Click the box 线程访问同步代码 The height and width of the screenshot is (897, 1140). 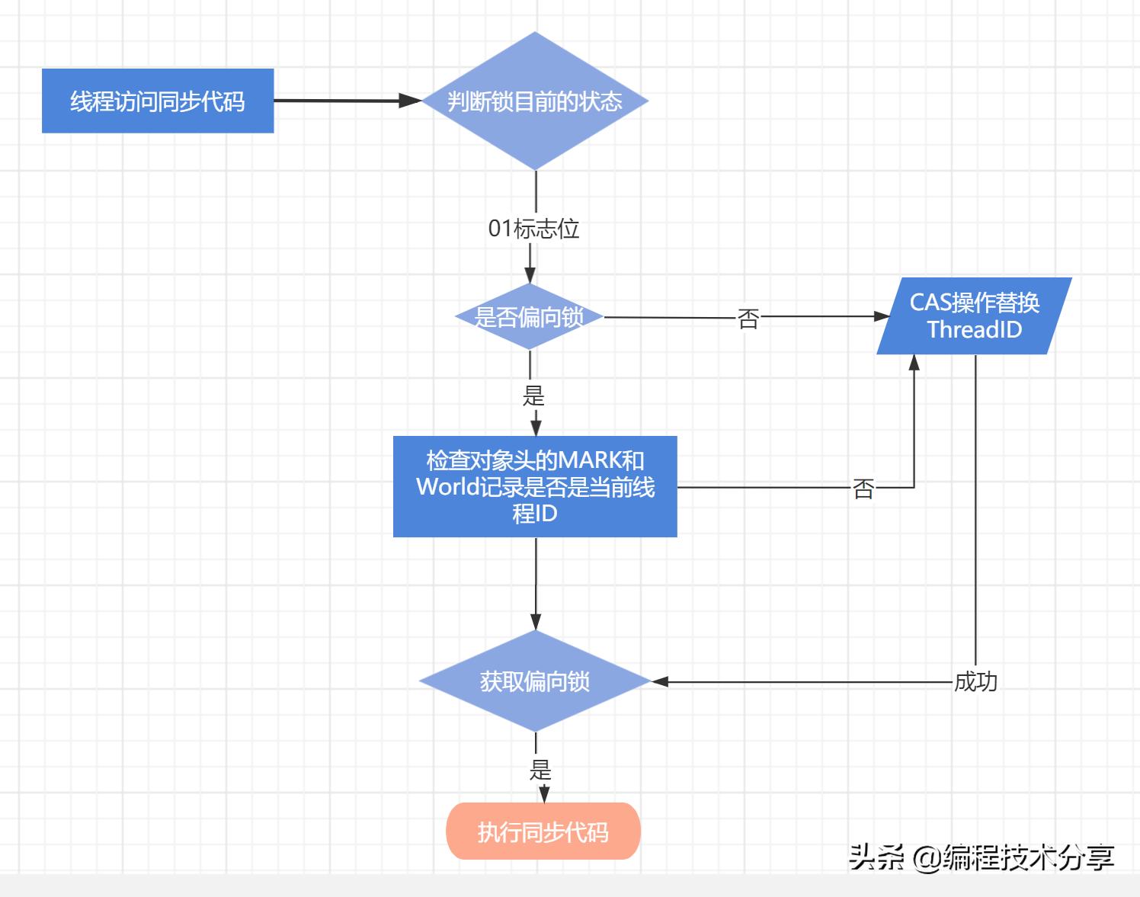[158, 101]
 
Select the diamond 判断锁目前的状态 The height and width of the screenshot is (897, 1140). [535, 101]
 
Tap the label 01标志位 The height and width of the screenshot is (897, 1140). [533, 228]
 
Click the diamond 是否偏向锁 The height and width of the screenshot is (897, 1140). [530, 316]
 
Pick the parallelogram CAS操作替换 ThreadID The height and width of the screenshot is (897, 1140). [974, 316]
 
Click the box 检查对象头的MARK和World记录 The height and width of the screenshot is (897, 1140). [535, 486]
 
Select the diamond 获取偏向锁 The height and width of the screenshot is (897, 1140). [535, 681]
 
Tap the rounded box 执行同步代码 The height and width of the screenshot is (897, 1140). [543, 831]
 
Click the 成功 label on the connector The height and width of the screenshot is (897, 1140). [975, 681]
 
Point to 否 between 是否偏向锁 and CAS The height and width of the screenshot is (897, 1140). [748, 318]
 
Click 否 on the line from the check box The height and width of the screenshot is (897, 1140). [863, 488]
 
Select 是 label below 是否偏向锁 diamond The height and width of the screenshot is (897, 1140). [533, 395]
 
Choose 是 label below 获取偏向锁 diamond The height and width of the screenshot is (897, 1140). [540, 769]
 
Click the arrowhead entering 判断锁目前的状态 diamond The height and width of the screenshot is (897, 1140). [412, 101]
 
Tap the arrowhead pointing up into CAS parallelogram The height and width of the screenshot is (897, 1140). [914, 363]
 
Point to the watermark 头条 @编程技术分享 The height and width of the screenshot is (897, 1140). [981, 857]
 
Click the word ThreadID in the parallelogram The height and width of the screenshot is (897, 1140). [974, 330]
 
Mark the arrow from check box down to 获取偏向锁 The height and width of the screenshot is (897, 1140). [536, 587]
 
